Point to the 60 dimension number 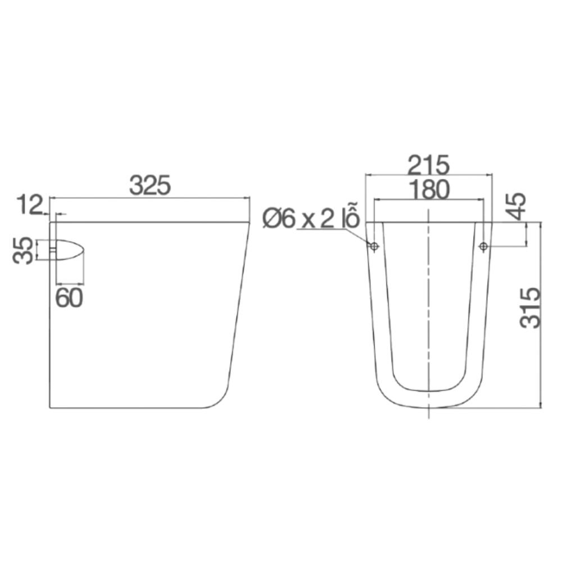(69, 298)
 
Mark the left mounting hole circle (374, 247)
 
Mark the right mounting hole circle (483, 247)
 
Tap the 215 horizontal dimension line (393, 174)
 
